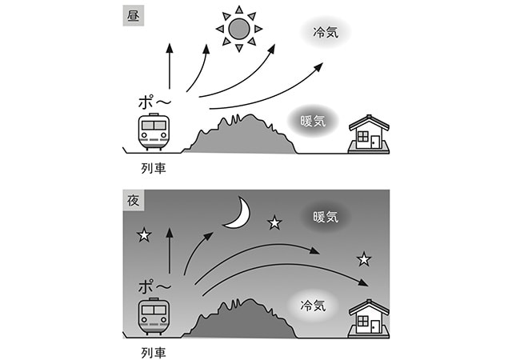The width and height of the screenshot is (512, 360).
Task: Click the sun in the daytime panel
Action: tap(239, 30)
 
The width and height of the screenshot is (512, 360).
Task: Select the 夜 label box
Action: tap(133, 200)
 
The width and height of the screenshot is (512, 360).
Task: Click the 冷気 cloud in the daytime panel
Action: tap(325, 34)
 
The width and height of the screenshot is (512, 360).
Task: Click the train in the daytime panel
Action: tap(154, 131)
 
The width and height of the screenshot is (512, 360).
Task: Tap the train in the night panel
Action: tap(154, 315)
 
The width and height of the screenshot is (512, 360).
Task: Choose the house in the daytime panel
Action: tap(369, 134)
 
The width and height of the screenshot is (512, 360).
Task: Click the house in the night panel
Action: tap(369, 318)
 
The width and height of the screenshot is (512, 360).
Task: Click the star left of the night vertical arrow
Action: tap(144, 234)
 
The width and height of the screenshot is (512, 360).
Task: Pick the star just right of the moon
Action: tap(274, 222)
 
